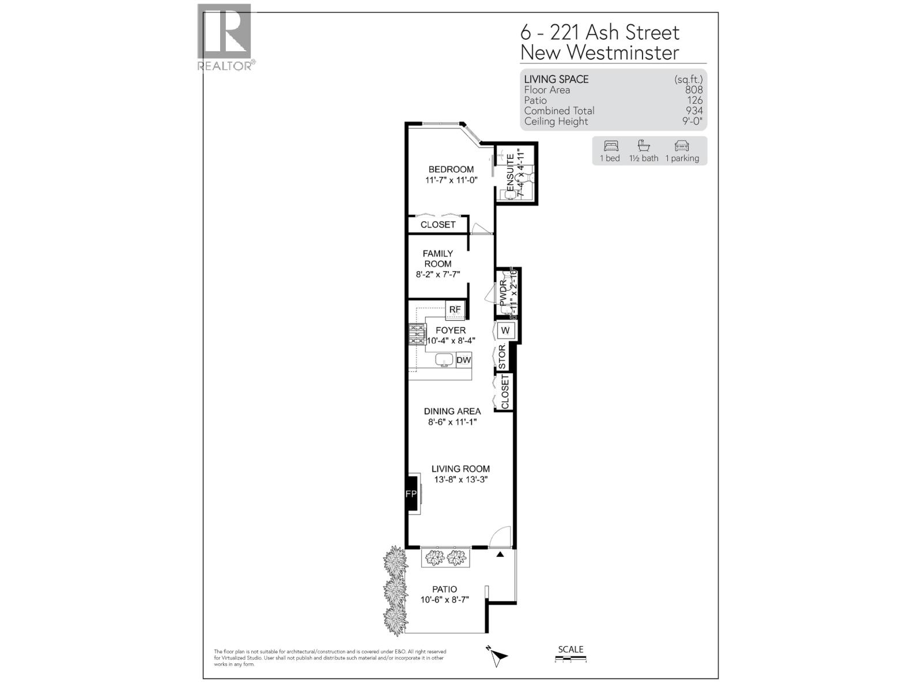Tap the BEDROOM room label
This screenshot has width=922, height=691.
click(451, 169)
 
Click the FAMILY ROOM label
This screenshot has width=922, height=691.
click(438, 259)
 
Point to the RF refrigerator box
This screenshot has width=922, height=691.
click(455, 310)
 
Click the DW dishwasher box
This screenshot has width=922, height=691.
click(464, 360)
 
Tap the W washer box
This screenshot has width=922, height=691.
click(505, 331)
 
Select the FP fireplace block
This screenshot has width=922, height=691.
click(411, 494)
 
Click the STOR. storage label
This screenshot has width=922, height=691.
click(502, 357)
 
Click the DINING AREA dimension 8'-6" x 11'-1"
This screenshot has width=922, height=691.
click(452, 422)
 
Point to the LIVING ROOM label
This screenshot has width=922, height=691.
click(461, 469)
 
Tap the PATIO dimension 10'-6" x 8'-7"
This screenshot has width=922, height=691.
click(445, 599)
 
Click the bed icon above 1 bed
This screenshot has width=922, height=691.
click(610, 146)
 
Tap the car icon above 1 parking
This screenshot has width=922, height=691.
click(682, 146)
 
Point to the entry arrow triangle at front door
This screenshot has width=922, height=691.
click(500, 555)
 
